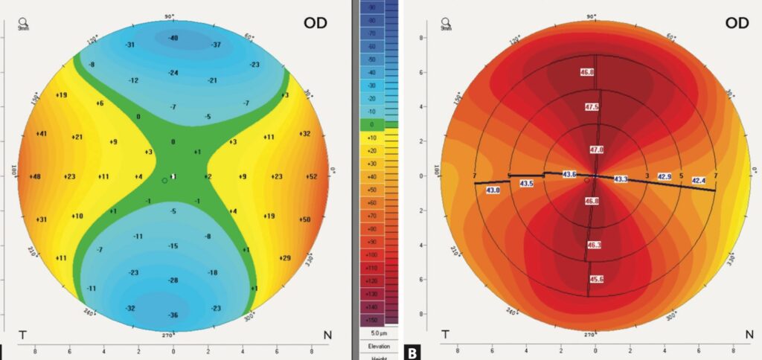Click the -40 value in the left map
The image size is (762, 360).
[x=173, y=38]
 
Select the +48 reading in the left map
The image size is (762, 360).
[x=35, y=177]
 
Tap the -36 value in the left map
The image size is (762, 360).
[x=173, y=316]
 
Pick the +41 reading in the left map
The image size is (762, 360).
[x=42, y=135]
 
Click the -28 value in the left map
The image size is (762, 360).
[x=173, y=280]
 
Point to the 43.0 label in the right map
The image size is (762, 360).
[x=493, y=190]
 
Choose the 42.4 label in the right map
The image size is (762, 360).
[x=699, y=181]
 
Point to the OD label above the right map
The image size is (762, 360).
[x=736, y=23]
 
